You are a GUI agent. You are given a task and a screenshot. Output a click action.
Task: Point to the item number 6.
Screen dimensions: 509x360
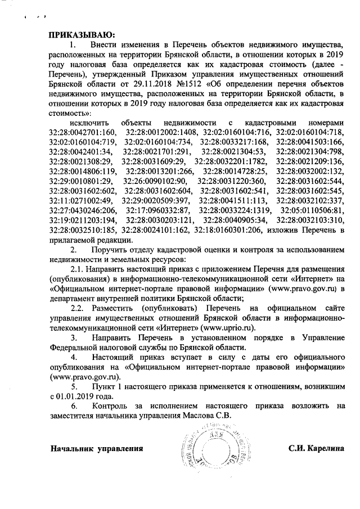(73, 406)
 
